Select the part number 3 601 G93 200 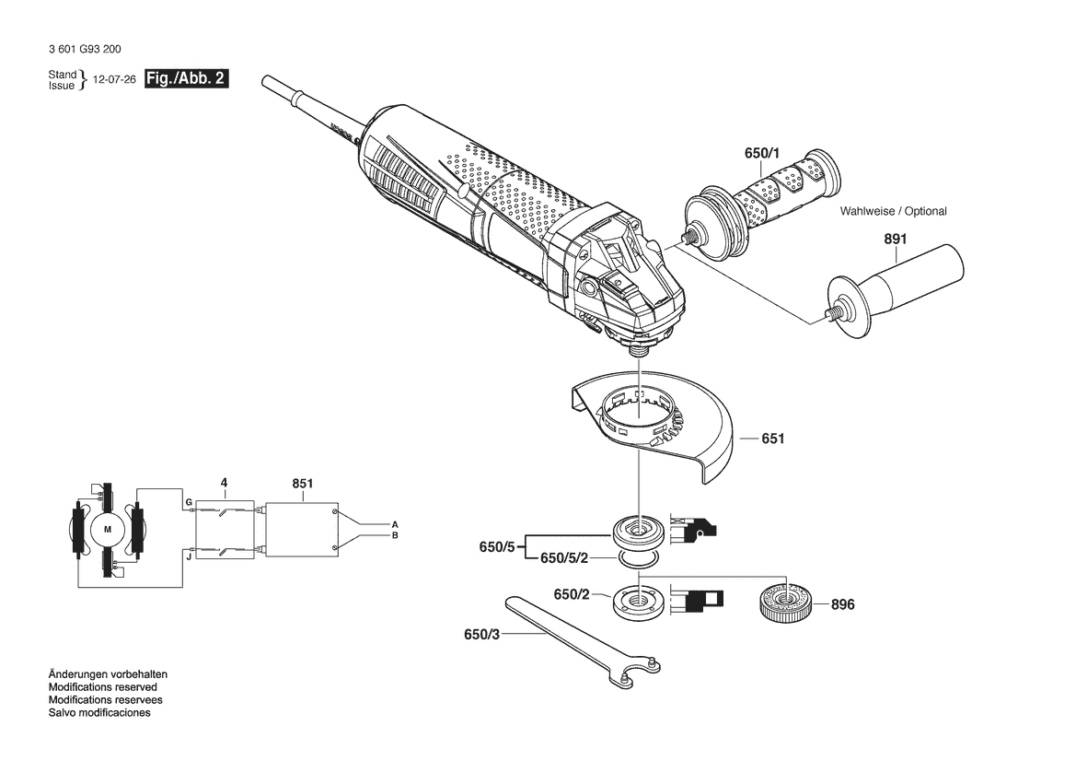85,50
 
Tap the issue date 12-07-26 114,79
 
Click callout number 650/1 762,153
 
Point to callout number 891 895,239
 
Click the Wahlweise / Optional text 893,212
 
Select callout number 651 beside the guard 772,439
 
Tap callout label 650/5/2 564,558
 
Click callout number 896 843,604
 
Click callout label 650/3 481,635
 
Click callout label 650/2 572,594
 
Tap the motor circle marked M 107,529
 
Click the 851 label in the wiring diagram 303,484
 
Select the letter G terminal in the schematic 188,503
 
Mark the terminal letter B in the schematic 395,535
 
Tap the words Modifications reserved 102,686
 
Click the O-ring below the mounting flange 639,560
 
